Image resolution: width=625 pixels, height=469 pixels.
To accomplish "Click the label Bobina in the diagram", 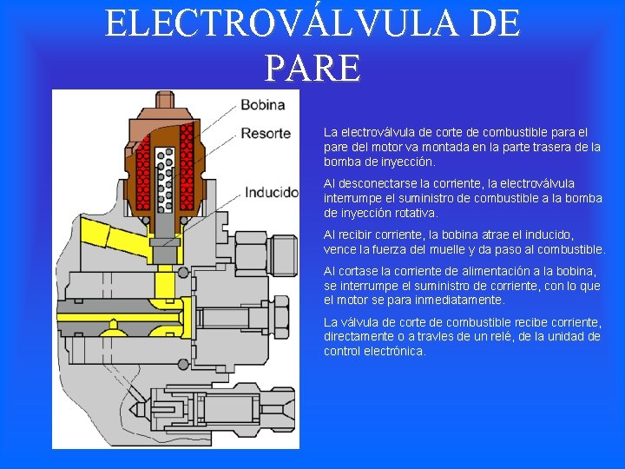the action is tap(262, 105).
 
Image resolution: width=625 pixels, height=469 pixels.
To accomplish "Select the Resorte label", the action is tap(265, 133).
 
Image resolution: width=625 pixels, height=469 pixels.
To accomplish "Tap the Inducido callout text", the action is tap(271, 192).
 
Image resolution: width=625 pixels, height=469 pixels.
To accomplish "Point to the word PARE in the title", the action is tap(312, 67).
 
